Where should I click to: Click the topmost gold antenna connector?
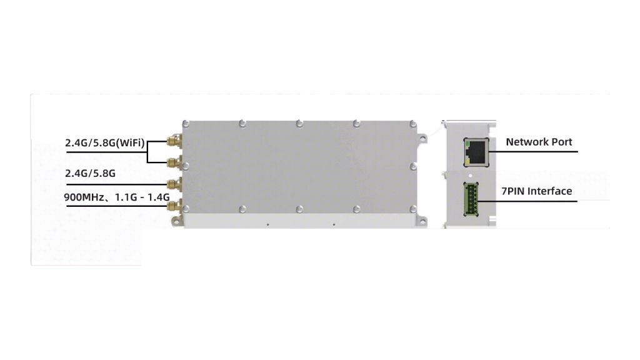pos(174,142)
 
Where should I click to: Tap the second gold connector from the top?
pos(174,163)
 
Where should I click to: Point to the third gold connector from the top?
pos(174,184)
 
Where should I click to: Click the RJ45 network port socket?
pos(476,150)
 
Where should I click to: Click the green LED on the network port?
pos(467,142)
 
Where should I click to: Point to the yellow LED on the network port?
pos(467,160)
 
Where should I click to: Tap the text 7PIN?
pos(513,191)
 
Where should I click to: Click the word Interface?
pos(550,191)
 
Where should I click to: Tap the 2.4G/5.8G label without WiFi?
pos(90,174)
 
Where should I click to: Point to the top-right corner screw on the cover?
pos(413,124)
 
